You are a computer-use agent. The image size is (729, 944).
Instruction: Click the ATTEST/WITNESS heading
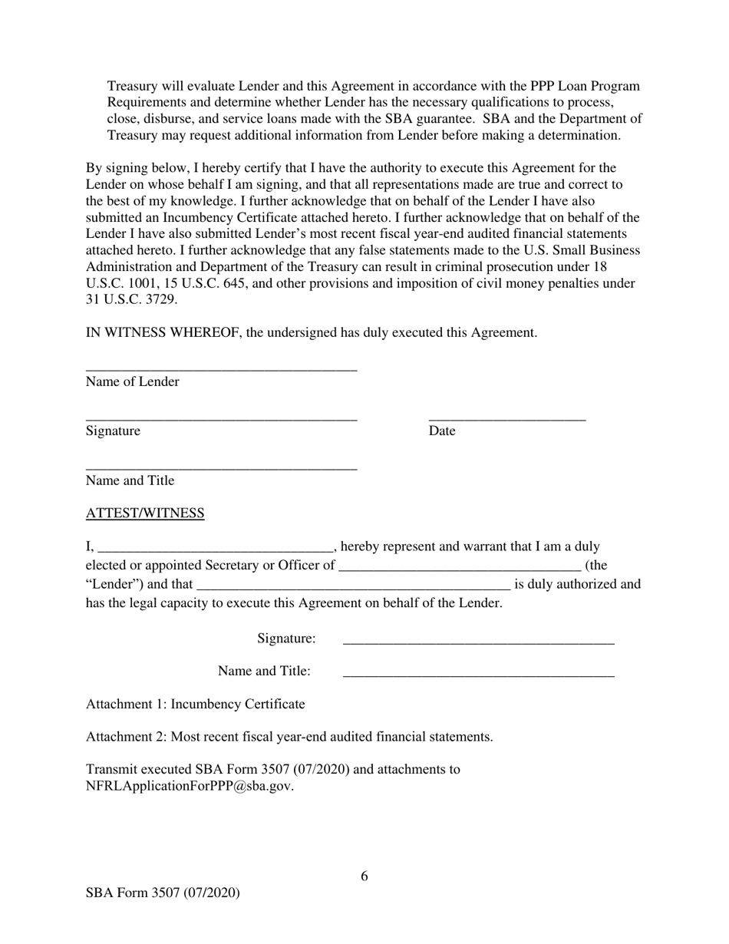click(x=145, y=513)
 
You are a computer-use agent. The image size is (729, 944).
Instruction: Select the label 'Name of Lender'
click(x=133, y=382)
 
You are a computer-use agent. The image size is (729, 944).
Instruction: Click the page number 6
click(x=364, y=876)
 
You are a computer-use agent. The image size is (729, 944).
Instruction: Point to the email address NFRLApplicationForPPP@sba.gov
click(x=190, y=786)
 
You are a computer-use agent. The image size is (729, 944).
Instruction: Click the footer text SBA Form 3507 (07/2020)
click(x=163, y=893)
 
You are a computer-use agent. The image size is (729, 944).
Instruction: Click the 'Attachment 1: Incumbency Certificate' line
click(x=195, y=704)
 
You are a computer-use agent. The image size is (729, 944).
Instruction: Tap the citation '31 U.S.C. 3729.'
click(x=131, y=300)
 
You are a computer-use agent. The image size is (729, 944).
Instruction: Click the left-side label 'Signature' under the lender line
click(x=113, y=431)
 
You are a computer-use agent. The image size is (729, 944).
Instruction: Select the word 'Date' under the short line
click(x=442, y=431)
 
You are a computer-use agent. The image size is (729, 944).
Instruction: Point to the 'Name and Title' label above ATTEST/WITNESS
click(x=130, y=481)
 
